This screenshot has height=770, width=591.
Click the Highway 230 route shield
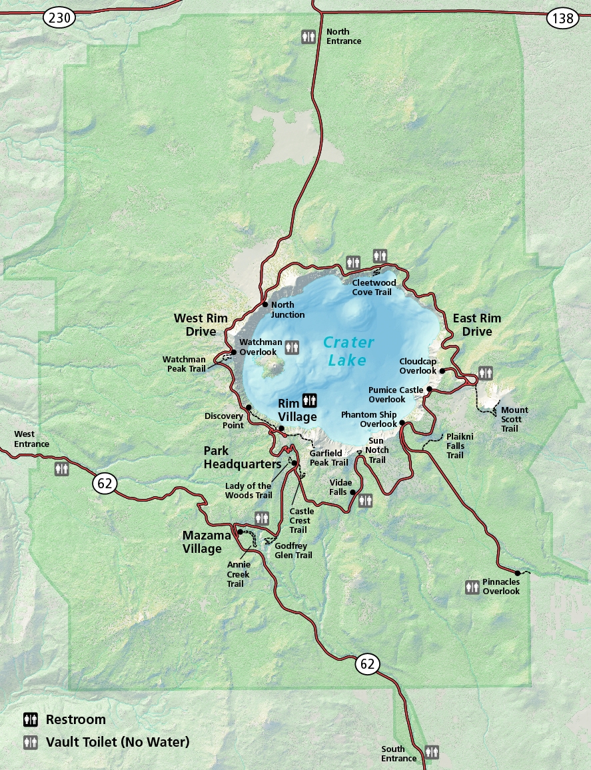(60, 18)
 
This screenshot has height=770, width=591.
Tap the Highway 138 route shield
(563, 18)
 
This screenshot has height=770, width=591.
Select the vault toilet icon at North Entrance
(308, 36)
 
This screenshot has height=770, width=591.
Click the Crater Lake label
(348, 351)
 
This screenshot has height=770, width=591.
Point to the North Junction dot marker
(265, 305)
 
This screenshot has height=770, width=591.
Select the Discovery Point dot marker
(249, 407)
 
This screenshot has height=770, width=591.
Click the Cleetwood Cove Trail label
(374, 287)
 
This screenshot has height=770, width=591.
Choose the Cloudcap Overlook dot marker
(442, 371)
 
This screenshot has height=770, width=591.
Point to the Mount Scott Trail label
(514, 419)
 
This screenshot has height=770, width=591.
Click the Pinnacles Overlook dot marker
(518, 572)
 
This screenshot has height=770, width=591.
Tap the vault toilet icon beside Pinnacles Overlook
(472, 586)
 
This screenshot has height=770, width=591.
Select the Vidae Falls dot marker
(352, 493)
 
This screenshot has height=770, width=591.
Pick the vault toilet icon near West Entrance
(62, 469)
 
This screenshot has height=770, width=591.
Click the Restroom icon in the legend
(31, 719)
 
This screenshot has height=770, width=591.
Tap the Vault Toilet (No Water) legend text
(117, 741)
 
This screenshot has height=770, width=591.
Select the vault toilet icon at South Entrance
(432, 751)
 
